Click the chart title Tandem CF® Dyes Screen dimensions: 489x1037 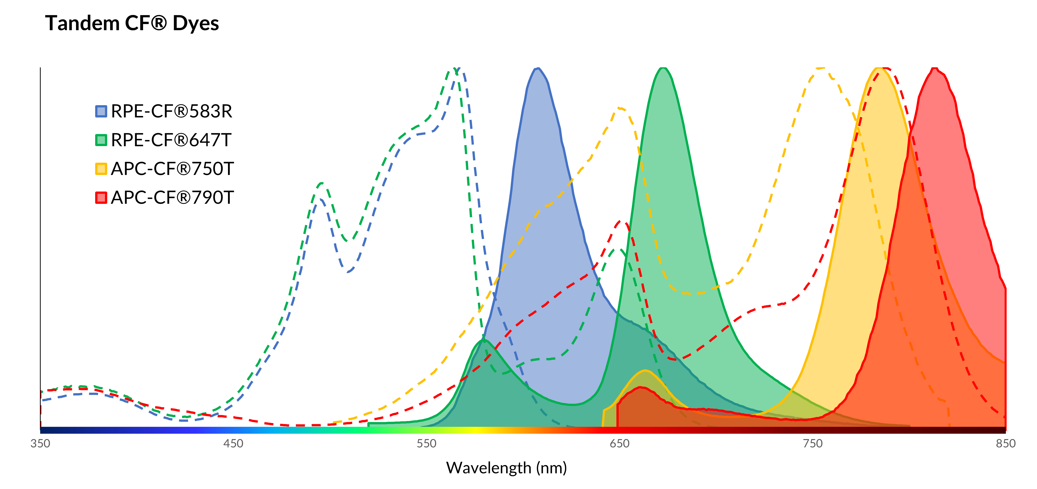pos(132,23)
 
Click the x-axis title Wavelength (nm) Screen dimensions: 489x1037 pos(506,468)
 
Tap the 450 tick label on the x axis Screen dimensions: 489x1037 pos(234,444)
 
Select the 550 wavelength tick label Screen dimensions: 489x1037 pos(426,444)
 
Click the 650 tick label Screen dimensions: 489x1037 pos(619,444)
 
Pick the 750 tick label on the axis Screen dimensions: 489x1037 pos(812,444)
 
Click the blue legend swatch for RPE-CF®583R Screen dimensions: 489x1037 pos(101,111)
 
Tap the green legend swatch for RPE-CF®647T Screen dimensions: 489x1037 pos(101,140)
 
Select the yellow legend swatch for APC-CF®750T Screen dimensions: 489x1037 pos(101,169)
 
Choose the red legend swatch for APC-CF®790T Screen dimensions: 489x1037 pos(101,198)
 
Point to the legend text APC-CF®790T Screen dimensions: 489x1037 pos(172,198)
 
